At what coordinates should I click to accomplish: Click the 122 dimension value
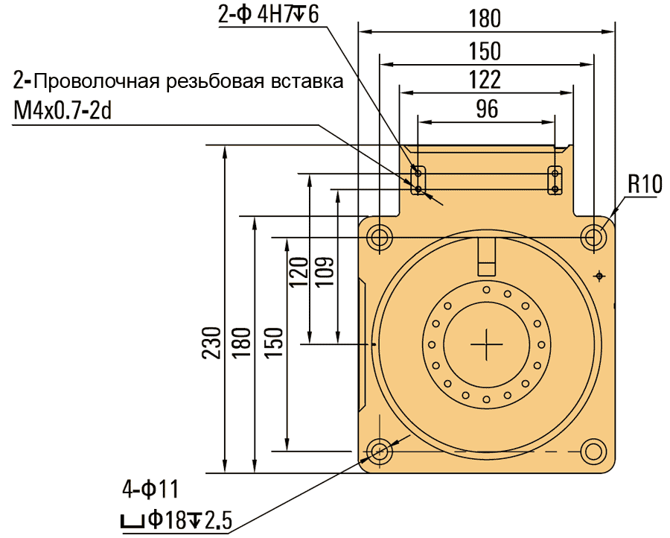pyautogui.click(x=486, y=80)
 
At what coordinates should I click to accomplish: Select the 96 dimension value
pyautogui.click(x=486, y=110)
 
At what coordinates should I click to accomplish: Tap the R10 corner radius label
pyautogui.click(x=644, y=185)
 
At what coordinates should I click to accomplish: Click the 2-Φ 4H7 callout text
pyautogui.click(x=268, y=16)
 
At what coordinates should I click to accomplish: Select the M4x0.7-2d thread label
pyautogui.click(x=62, y=110)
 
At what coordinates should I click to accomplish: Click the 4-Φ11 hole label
pyautogui.click(x=150, y=490)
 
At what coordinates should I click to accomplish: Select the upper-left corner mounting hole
pyautogui.click(x=380, y=238)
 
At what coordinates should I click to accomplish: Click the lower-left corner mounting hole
pyautogui.click(x=380, y=451)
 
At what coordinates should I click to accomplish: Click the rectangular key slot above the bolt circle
pyautogui.click(x=487, y=257)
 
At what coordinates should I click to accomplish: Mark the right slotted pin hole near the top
pyautogui.click(x=555, y=180)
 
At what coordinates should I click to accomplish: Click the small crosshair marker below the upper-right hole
pyautogui.click(x=599, y=276)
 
